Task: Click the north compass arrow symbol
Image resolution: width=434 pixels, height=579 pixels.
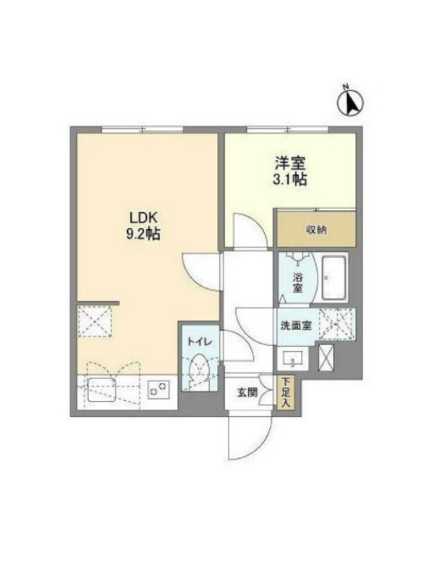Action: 350,102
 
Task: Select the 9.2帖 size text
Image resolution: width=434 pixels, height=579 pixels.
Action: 143,234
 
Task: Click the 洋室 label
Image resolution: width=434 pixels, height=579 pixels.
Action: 290,164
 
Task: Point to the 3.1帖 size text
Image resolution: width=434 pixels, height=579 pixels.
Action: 290,179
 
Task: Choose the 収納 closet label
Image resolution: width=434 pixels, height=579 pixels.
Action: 316,229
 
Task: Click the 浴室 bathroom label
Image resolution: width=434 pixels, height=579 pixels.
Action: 297,282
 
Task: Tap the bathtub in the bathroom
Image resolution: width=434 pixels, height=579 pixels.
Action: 333,278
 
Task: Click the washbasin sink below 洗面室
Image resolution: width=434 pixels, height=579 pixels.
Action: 293,358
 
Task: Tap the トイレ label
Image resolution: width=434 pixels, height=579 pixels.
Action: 200,342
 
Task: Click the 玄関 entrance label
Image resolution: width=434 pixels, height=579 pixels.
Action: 247,392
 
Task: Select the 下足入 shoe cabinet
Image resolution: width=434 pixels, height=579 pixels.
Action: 285,392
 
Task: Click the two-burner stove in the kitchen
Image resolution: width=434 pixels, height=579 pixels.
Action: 159,390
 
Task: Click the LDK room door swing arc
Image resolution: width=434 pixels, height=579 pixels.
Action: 203,272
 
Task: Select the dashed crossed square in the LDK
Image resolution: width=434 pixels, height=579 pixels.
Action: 95,321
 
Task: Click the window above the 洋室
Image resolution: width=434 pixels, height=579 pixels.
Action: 287,130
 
